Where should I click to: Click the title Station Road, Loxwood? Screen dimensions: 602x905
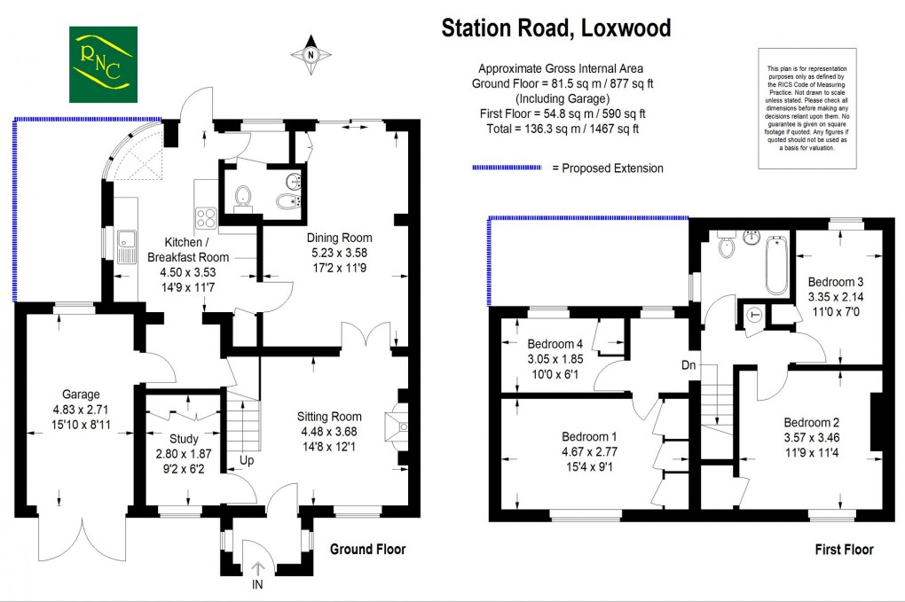coord(556,28)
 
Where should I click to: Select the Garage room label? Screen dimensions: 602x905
coord(81,395)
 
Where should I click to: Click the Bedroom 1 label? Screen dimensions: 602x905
coord(590,437)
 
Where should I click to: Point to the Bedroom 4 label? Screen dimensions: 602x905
coord(556,344)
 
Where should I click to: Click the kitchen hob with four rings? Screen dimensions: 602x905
coord(207,217)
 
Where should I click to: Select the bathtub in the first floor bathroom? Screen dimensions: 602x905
coord(775,264)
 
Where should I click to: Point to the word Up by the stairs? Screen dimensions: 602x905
coord(248,461)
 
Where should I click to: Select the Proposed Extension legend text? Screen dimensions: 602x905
coord(607,168)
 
